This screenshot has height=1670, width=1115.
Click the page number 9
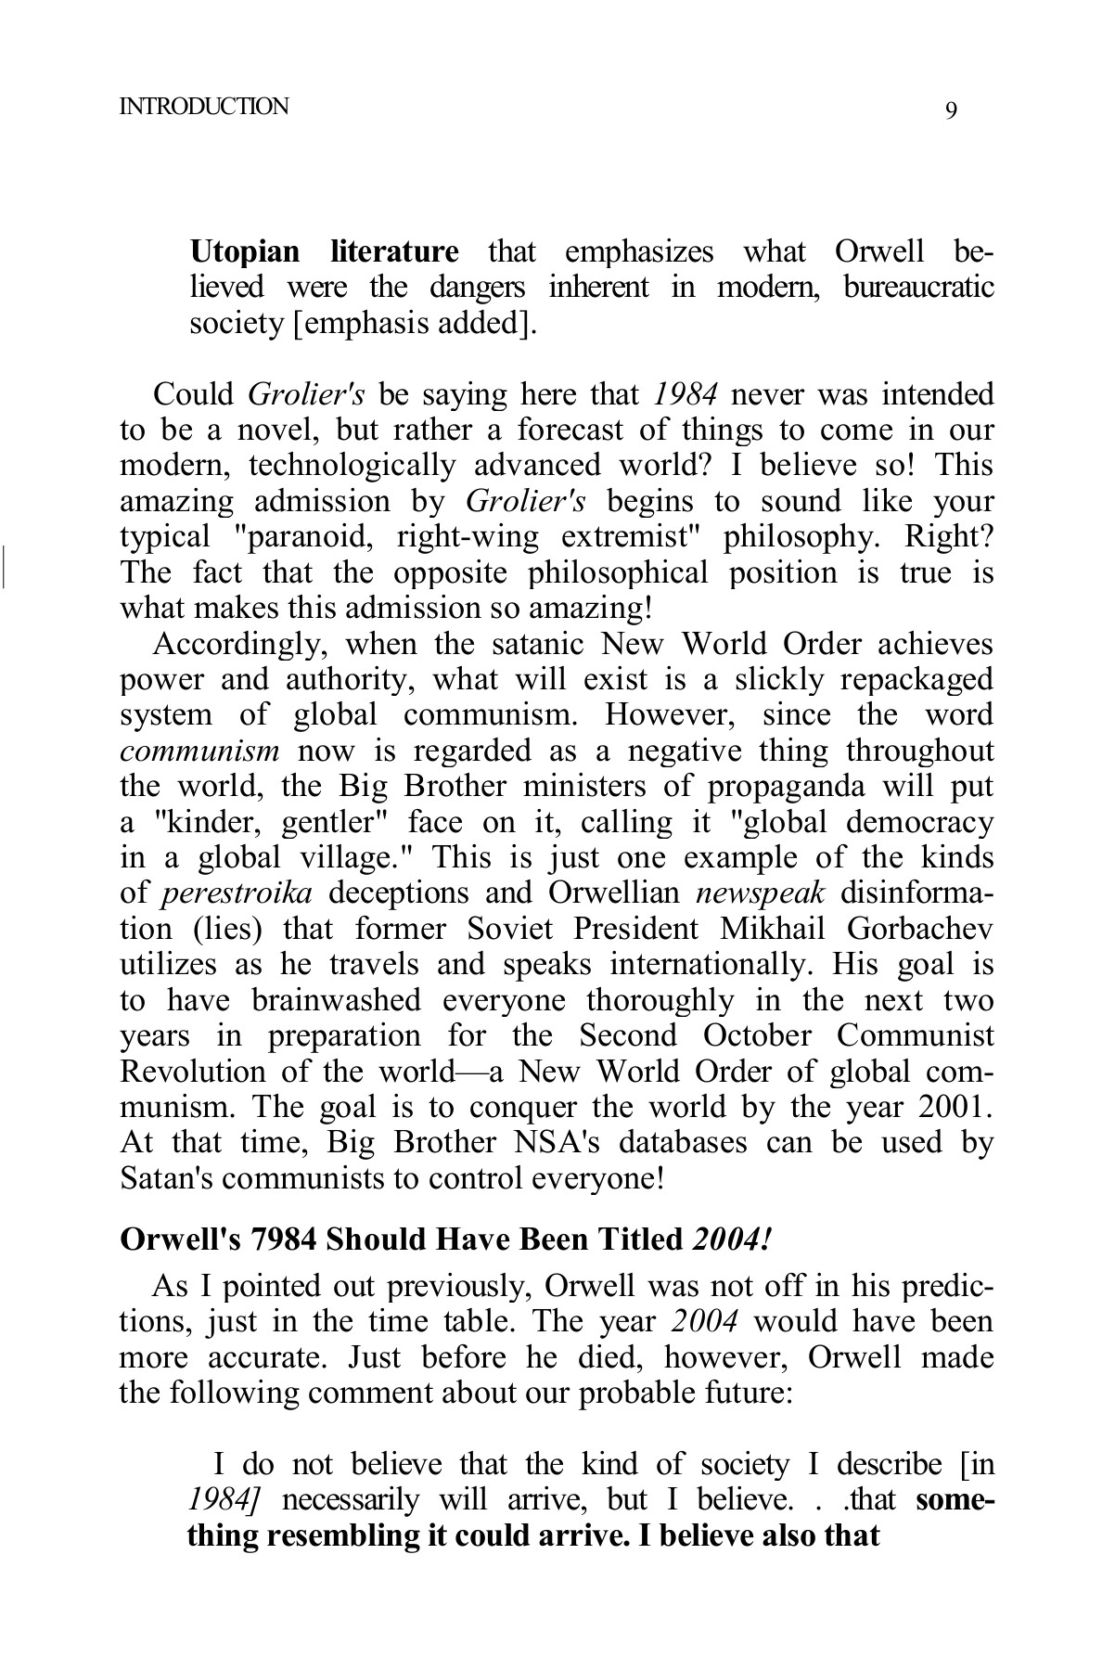pyautogui.click(x=951, y=111)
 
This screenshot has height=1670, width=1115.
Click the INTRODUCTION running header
pyautogui.click(x=204, y=106)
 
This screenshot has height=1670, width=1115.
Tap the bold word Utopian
pyautogui.click(x=245, y=252)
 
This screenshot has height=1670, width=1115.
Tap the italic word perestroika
pyautogui.click(x=237, y=893)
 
